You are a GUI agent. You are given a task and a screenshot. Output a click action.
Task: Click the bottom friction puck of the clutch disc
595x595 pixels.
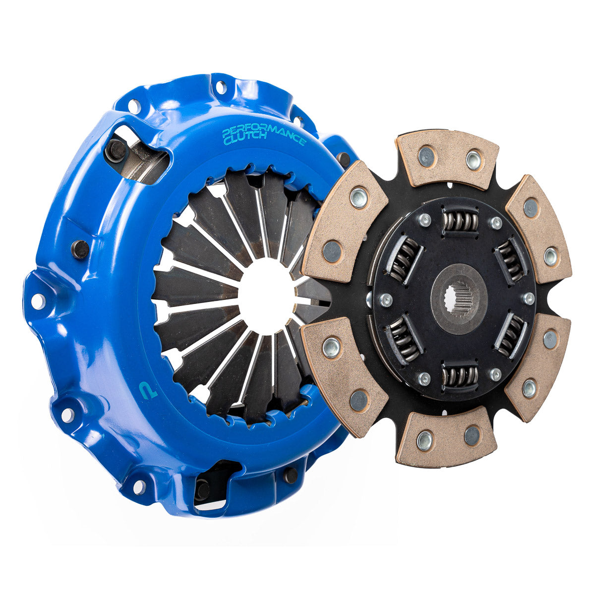pos(446,436)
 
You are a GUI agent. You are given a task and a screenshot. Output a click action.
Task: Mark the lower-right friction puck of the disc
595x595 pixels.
pos(538,364)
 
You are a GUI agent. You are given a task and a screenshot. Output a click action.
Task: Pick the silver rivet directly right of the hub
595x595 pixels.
pos(529,298)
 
